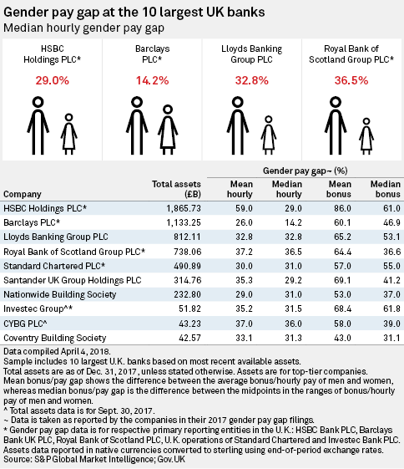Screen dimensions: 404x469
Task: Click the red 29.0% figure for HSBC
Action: (x=53, y=80)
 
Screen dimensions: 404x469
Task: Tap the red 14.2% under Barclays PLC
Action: (x=152, y=80)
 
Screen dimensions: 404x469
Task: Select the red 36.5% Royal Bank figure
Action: (x=351, y=80)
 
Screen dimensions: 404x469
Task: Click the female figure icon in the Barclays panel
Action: (x=168, y=130)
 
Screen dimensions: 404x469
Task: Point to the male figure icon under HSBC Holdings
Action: (x=38, y=125)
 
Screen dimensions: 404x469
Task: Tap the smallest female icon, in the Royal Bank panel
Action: (x=366, y=136)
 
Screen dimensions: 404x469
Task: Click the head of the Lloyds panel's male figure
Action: (x=238, y=102)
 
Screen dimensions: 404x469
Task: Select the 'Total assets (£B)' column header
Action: (x=176, y=189)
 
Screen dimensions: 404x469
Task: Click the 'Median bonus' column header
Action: (x=386, y=189)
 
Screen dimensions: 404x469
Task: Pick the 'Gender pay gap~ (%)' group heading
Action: (x=306, y=171)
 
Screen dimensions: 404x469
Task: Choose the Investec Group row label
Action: (x=38, y=308)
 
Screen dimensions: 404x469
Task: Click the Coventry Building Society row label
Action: (x=55, y=338)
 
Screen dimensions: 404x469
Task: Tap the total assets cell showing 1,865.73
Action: (x=184, y=208)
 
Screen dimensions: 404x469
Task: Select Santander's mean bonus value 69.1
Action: (x=342, y=280)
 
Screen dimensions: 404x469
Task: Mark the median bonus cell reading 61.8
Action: (x=391, y=308)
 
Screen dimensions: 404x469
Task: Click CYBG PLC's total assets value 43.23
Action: (x=190, y=324)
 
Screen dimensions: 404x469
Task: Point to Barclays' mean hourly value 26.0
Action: (x=244, y=222)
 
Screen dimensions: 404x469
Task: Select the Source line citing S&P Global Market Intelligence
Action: (x=94, y=459)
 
